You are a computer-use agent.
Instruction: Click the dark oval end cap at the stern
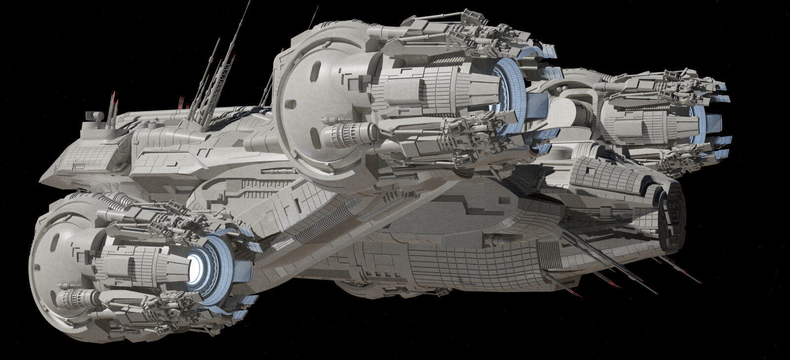click(674, 217)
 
